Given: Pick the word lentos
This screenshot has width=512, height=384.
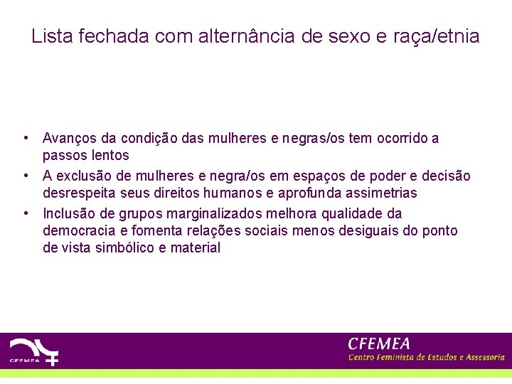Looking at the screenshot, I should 106,156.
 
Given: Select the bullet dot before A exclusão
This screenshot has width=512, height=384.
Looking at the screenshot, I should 25,176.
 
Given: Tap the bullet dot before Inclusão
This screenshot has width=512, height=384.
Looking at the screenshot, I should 25,213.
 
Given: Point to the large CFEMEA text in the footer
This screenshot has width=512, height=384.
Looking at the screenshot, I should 379,343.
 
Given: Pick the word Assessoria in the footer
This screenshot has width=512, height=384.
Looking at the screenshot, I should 481,357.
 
